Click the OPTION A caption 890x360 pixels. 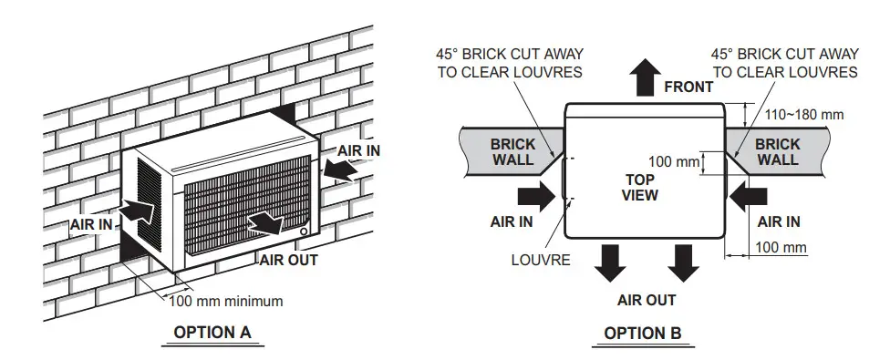tap(211, 332)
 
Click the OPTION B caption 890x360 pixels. tap(642, 333)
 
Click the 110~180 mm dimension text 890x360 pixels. tap(805, 114)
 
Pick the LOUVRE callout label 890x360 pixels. tap(541, 260)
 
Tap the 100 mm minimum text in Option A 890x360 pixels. tap(226, 301)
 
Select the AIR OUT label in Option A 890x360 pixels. tap(289, 260)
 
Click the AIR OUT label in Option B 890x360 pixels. tap(646, 300)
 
